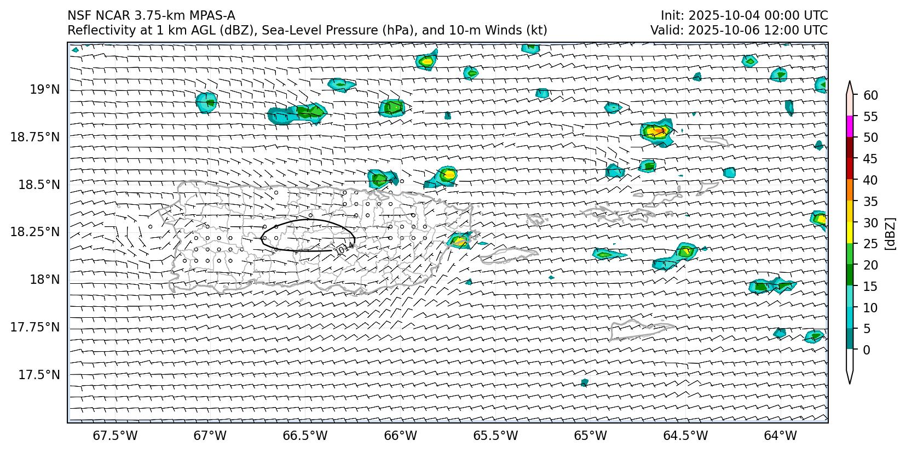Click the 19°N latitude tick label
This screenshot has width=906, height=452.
[45, 89]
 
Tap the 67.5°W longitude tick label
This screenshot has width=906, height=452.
[116, 436]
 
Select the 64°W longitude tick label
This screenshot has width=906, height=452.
[780, 436]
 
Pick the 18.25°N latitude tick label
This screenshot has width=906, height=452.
[35, 232]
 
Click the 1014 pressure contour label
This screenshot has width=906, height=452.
[344, 249]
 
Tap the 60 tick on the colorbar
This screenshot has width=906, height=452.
[870, 95]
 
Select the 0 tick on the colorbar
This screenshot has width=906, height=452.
[866, 350]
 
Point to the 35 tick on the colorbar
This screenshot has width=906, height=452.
[870, 202]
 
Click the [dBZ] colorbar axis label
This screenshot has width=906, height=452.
[890, 234]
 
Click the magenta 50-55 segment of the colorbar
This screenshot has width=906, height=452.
[850, 127]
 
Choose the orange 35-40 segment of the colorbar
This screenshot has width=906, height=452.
[850, 190]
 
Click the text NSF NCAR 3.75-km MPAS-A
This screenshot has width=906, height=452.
[151, 15]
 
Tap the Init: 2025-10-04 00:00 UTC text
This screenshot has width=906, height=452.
[744, 15]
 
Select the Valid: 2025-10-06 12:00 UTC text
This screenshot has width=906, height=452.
[738, 30]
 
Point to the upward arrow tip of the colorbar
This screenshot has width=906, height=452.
[850, 82]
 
